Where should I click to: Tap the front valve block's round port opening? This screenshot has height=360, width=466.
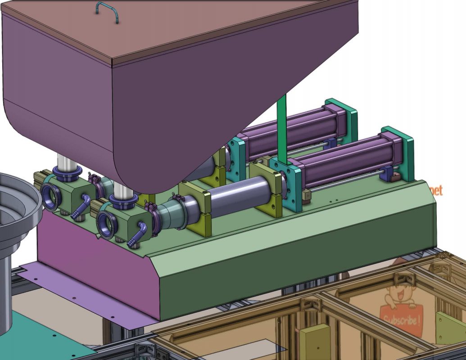click(106, 225)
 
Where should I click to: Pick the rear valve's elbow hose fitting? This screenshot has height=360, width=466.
click(80, 206)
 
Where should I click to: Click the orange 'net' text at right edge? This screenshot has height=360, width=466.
click(436, 190)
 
